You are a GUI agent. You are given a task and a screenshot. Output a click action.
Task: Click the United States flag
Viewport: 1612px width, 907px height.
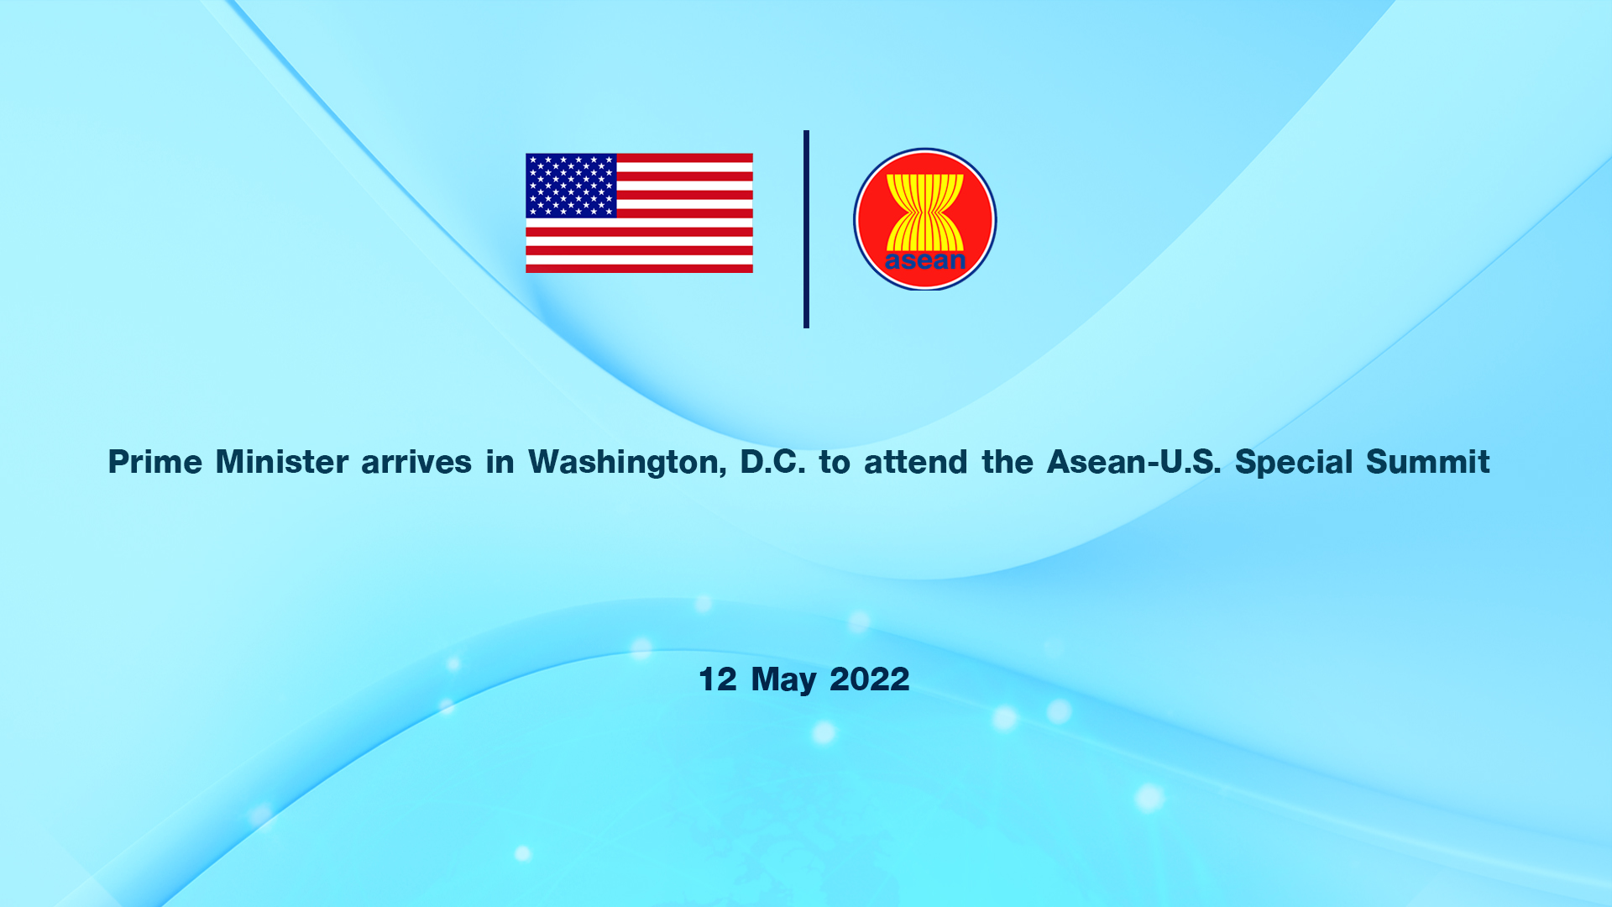pyautogui.click(x=639, y=213)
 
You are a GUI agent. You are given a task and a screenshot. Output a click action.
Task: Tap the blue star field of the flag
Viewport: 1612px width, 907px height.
pyautogui.click(x=571, y=186)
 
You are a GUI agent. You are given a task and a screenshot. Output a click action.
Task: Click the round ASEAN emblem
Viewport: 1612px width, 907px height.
pyautogui.click(x=925, y=219)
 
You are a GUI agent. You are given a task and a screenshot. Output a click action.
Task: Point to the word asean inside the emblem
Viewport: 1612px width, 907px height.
pyautogui.click(x=925, y=260)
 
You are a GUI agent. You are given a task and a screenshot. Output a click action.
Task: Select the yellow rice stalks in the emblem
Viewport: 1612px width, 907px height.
pyautogui.click(x=925, y=212)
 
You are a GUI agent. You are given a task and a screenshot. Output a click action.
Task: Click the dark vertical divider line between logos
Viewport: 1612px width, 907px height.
pyautogui.click(x=806, y=228)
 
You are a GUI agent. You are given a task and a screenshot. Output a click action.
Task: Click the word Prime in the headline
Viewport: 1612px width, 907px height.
pyautogui.click(x=155, y=462)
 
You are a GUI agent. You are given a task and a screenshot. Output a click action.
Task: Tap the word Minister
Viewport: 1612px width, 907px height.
pyautogui.click(x=282, y=462)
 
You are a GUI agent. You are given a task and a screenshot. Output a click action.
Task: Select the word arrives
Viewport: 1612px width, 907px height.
pyautogui.click(x=416, y=462)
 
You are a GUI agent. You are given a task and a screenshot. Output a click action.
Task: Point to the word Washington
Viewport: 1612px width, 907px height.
pyautogui.click(x=627, y=463)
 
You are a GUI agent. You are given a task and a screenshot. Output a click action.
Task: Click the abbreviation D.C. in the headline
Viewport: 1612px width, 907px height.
pyautogui.click(x=772, y=462)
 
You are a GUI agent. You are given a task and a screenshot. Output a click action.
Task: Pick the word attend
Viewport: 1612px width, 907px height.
pyautogui.click(x=916, y=462)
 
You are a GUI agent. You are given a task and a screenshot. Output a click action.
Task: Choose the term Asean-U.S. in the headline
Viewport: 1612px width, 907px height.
pyautogui.click(x=1134, y=462)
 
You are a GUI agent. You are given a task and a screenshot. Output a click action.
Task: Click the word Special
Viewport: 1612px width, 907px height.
pyautogui.click(x=1294, y=463)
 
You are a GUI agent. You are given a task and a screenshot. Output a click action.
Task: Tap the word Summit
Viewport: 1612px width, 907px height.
pyautogui.click(x=1428, y=462)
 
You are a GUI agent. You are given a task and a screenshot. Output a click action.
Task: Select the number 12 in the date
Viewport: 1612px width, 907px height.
pyautogui.click(x=718, y=679)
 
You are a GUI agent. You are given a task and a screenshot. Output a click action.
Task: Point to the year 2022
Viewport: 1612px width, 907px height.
pyautogui.click(x=870, y=679)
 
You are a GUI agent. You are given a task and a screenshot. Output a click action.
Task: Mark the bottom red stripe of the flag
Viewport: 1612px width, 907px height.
pyautogui.click(x=639, y=269)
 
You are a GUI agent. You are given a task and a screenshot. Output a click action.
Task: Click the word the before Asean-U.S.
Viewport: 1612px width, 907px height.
pyautogui.click(x=1007, y=462)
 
